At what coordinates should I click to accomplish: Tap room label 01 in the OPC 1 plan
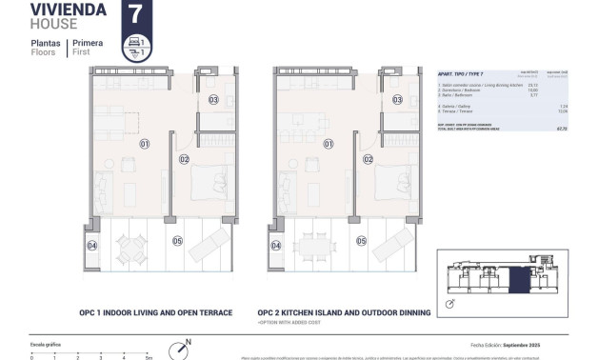pos(145,145)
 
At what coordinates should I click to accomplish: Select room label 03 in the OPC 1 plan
pos(213,99)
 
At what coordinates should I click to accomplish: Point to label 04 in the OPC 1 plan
pos(92,246)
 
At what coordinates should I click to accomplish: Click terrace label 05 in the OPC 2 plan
pos(360,241)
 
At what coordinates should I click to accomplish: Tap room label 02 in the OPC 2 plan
pos(368,159)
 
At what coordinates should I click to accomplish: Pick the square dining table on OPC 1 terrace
pos(130,249)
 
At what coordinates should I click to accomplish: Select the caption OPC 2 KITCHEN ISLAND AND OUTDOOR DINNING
pos(344,311)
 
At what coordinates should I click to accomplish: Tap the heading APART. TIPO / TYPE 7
pos(461,73)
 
